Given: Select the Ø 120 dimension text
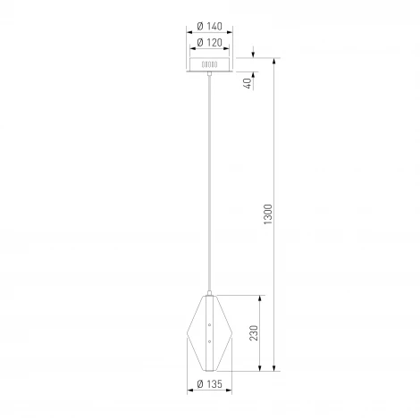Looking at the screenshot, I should coord(209,42).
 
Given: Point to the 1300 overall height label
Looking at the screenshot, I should coord(267,215).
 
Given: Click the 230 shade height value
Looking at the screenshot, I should coord(255,334).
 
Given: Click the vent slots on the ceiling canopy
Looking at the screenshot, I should coord(209,65).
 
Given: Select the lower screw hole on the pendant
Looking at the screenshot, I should coord(210,340).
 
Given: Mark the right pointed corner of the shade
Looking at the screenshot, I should coord(231,332).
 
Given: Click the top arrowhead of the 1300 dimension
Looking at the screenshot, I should coord(275,62).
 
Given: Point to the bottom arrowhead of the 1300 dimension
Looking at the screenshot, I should coord(275,368).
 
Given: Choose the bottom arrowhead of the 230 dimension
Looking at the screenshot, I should coord(262,368).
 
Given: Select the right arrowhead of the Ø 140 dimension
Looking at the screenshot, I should coord(231,35).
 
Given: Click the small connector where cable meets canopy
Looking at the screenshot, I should coord(210,75).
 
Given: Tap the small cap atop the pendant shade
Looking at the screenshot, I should coord(210,293).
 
